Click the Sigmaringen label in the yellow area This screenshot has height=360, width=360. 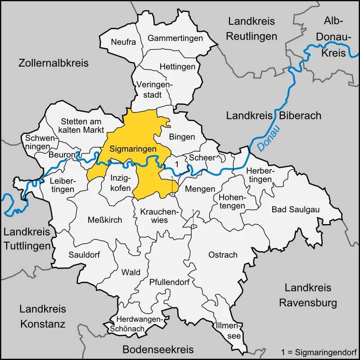click(133, 148)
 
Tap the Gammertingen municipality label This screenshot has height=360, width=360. click(175, 38)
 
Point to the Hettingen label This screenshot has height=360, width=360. click(177, 67)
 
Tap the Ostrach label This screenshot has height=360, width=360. click(223, 255)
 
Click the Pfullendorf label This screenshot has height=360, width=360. click(169, 282)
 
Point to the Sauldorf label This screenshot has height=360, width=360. click(84, 254)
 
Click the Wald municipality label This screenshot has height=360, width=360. click(131, 272)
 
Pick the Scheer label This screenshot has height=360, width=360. click(202, 157)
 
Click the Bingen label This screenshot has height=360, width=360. click(182, 136)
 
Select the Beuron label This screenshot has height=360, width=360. click(62, 155)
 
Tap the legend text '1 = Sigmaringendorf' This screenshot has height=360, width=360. click(318, 351)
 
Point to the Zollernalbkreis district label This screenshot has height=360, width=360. click(54, 63)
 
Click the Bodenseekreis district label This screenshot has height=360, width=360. click(158, 349)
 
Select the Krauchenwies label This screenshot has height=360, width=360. click(154, 216)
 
